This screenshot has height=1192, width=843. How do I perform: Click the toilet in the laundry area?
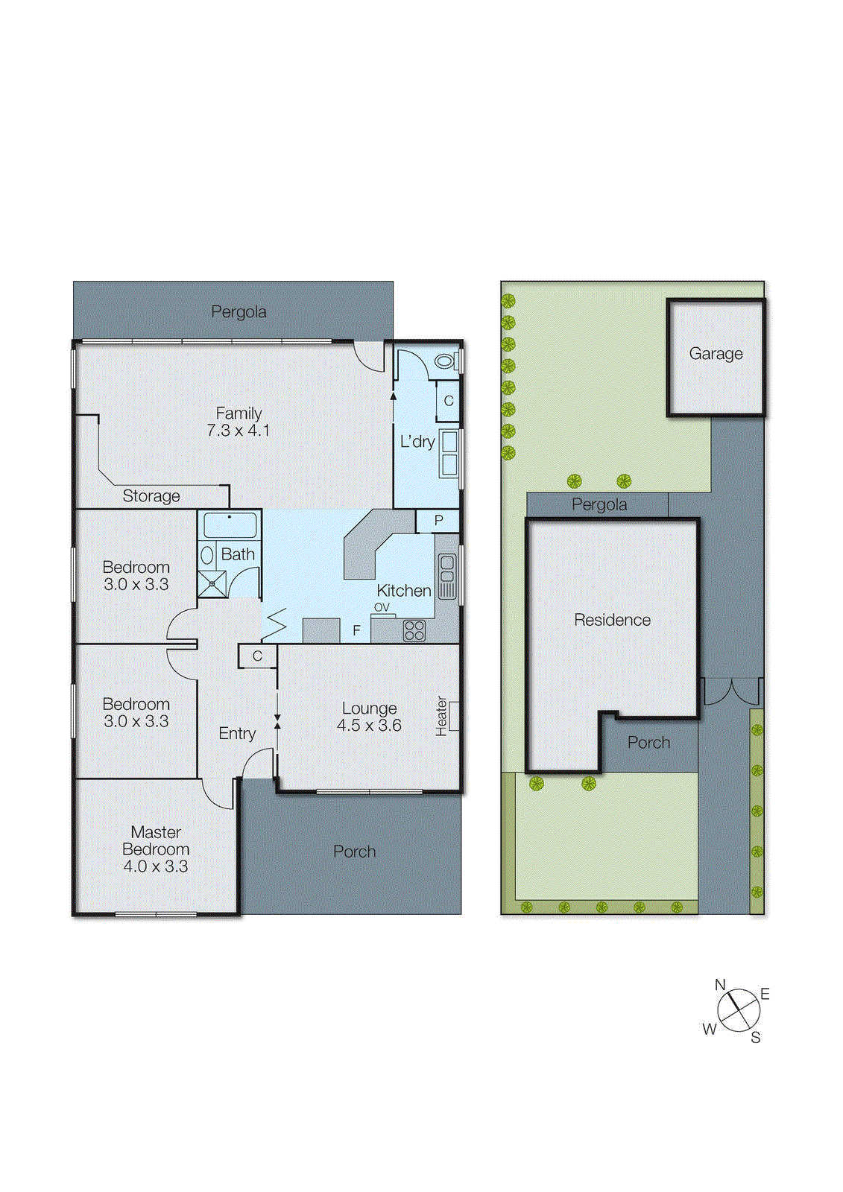click(446, 361)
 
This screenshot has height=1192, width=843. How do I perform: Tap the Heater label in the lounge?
click(442, 716)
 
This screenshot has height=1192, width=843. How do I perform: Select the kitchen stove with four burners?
click(414, 630)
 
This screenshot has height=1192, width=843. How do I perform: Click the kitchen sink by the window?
click(446, 576)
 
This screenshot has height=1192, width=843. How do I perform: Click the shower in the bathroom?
click(212, 584)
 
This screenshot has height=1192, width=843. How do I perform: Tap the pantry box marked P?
click(438, 521)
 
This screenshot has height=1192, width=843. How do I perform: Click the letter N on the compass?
click(720, 985)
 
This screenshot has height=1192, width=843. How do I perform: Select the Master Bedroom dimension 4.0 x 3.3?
click(156, 866)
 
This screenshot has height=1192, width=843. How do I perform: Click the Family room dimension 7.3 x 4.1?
click(239, 431)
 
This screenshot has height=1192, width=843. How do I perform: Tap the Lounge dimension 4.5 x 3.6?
click(369, 726)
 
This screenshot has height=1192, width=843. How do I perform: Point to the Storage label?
click(151, 496)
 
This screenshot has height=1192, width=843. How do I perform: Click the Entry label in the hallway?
click(237, 734)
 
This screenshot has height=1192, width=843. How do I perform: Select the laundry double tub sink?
click(449, 453)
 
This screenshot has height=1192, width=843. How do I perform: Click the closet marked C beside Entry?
click(257, 656)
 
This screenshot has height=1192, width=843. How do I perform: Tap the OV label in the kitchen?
click(382, 608)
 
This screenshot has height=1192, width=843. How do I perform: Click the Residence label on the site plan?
click(612, 620)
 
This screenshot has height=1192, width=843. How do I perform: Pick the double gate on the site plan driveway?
click(732, 691)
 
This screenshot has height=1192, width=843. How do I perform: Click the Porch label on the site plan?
click(648, 743)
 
